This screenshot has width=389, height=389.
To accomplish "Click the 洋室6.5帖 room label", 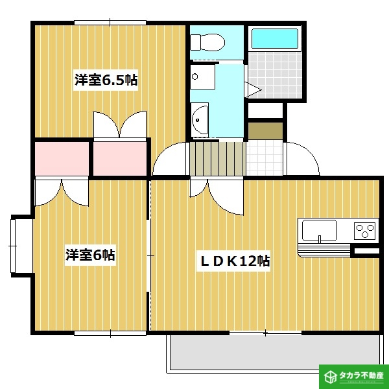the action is pos(106,80).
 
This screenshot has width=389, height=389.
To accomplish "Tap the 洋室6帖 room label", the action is pos(90,255).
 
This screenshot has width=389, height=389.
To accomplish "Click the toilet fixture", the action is pos(207,43).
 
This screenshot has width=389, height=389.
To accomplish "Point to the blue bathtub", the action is pos(275,38).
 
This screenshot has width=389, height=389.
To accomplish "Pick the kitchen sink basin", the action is pos(319,230).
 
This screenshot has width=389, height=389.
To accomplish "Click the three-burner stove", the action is pos(364,231).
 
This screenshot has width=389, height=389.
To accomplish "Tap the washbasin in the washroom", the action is pos(200,120).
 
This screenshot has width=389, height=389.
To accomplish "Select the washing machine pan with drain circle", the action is pos(202,77).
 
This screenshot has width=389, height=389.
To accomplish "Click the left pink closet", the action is pos(62,159).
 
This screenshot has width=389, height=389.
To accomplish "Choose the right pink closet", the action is pos(120,159).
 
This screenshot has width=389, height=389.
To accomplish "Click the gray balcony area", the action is pos(274,352).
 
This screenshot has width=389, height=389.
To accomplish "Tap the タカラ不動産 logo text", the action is pos(361,375).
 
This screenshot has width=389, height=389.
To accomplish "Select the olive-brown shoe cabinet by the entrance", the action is pos(265,131).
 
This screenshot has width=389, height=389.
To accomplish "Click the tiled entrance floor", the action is pos(265,158).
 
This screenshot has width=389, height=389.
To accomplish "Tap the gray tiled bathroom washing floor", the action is pos(275,75).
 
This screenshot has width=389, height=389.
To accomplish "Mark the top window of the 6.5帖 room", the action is pos(110,23).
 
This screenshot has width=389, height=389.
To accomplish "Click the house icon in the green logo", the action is pos(331,377).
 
